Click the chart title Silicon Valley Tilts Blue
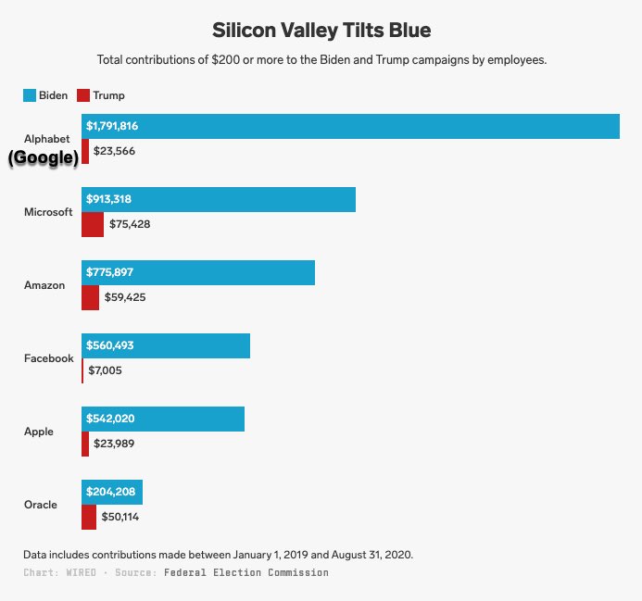point(321,30)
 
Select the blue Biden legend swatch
point(29,95)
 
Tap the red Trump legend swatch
point(82,95)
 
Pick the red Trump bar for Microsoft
point(93,224)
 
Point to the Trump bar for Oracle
point(89,517)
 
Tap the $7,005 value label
point(105,370)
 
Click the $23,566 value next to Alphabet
point(114,151)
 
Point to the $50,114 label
point(120,517)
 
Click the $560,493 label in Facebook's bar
point(110,345)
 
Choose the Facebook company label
point(48,358)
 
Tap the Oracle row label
point(41,505)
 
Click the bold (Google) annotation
point(44,158)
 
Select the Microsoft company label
point(48,212)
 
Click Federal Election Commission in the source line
point(246,572)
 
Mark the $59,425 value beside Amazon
point(125,297)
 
